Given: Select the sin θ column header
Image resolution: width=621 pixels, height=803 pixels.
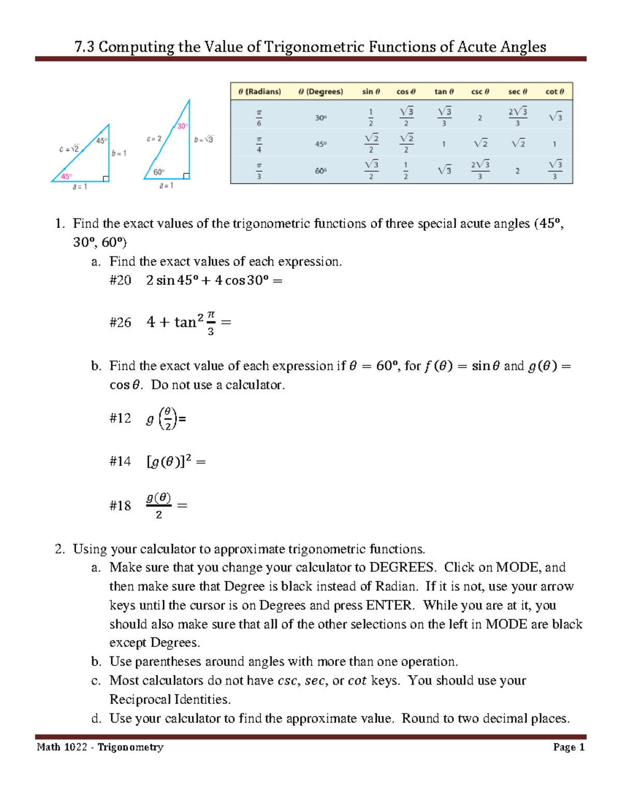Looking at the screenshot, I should [371, 92].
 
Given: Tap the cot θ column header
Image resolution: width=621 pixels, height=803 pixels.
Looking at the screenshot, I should [554, 92].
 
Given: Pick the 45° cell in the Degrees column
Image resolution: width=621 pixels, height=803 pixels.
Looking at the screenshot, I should [321, 144].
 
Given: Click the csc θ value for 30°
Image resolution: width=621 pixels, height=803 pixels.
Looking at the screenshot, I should [480, 118].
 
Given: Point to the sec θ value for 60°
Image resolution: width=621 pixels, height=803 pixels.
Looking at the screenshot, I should [517, 171].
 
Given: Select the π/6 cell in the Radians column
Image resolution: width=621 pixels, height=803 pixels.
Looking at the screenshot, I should [259, 118].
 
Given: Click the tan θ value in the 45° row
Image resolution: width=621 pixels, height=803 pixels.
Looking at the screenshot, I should [443, 144].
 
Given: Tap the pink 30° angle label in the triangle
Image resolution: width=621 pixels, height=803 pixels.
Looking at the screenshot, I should [182, 126].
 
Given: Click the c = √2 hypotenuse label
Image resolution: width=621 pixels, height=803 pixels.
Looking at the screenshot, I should [69, 149].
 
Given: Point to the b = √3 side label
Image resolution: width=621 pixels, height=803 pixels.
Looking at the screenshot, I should [204, 140].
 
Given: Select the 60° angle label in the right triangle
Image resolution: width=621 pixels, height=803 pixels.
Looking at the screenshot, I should [159, 172].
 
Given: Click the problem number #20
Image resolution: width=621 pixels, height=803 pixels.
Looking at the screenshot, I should [120, 280].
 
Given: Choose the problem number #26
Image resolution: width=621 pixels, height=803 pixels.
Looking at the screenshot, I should [120, 323].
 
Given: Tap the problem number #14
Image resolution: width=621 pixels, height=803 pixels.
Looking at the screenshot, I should [120, 461].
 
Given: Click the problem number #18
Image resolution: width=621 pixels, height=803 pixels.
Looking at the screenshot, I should [120, 506].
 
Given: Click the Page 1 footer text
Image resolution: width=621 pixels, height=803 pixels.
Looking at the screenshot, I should [568, 747].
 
